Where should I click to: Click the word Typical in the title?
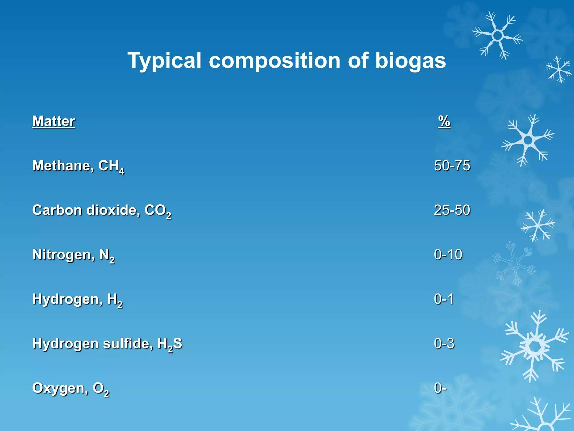[165, 61]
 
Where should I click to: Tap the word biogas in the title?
[410, 61]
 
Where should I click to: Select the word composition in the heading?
[275, 61]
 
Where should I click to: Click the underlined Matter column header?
[54, 121]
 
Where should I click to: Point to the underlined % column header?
[444, 121]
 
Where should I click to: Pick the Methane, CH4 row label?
[78, 166]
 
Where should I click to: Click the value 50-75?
[452, 166]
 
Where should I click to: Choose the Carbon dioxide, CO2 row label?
[101, 210]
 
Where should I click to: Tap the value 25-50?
[452, 210]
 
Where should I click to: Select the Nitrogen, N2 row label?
[73, 255]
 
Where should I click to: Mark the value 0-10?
[448, 255]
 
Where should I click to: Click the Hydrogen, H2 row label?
[77, 299]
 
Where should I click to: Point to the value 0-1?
[444, 299]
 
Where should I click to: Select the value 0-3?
[444, 343]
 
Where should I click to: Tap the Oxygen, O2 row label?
[71, 389]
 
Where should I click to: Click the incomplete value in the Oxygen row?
[440, 388]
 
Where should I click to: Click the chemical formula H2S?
[170, 344]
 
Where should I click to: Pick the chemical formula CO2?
[158, 211]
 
